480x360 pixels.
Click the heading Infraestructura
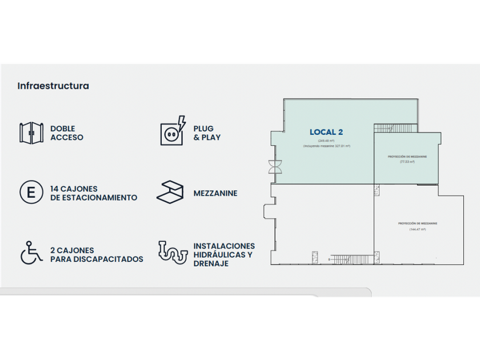point(53,86)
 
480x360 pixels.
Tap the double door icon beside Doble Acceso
point(32,133)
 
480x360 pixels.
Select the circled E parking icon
point(31,193)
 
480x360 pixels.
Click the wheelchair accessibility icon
point(31,253)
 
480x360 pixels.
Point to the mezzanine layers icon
point(170,193)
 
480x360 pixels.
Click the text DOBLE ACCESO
point(67,133)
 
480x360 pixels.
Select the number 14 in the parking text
point(55,189)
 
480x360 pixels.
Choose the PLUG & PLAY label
point(207,133)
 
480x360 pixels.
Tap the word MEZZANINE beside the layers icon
point(215,193)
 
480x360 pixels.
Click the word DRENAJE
point(211,263)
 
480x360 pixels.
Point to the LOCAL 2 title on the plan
point(326,132)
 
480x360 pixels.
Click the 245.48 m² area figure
point(318,141)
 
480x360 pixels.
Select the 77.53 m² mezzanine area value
point(407,162)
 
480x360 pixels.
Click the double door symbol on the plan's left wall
point(272,167)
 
